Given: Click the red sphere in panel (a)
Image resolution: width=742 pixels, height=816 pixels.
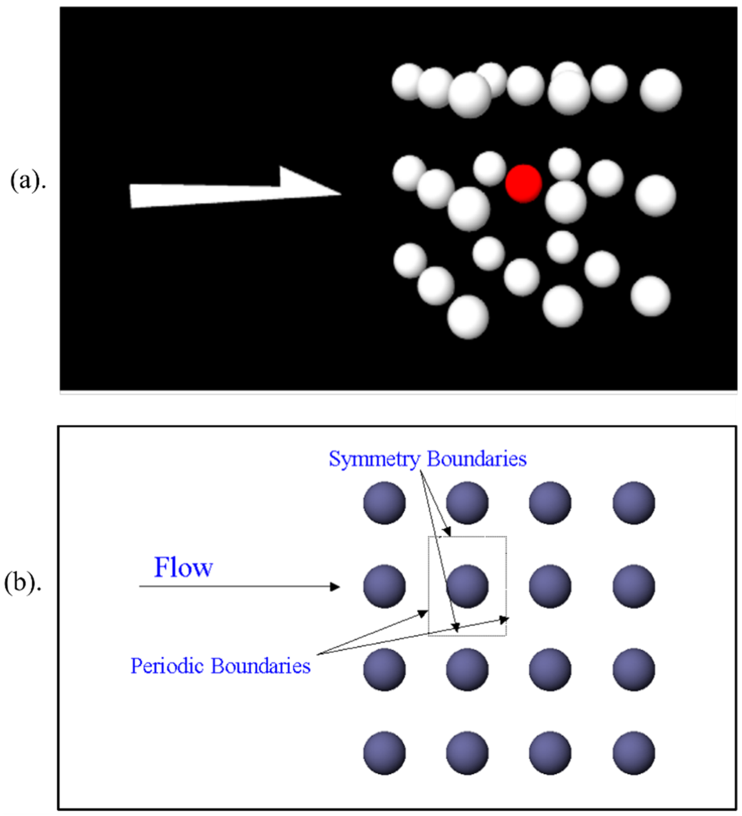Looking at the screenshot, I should (x=523, y=183).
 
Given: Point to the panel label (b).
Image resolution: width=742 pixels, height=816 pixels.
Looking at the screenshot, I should (x=23, y=583).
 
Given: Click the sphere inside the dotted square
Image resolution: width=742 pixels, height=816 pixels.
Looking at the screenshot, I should (x=467, y=586).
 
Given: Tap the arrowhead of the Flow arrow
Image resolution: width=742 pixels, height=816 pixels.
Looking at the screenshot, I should (x=334, y=586).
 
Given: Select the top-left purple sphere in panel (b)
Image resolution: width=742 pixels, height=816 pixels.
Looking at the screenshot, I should (x=384, y=503).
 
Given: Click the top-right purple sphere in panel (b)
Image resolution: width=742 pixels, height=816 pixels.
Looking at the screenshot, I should (x=633, y=503).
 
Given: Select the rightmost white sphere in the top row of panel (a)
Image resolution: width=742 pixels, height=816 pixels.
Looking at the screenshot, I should (x=661, y=90).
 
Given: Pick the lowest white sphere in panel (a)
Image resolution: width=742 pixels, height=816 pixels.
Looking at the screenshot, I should (x=468, y=317).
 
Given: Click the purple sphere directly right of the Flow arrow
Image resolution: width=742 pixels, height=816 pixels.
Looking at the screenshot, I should (x=384, y=586).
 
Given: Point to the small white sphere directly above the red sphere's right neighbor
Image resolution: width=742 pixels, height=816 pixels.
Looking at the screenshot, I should (x=564, y=164).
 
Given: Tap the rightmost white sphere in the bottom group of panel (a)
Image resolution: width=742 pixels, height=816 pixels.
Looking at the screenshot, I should (x=650, y=296).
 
